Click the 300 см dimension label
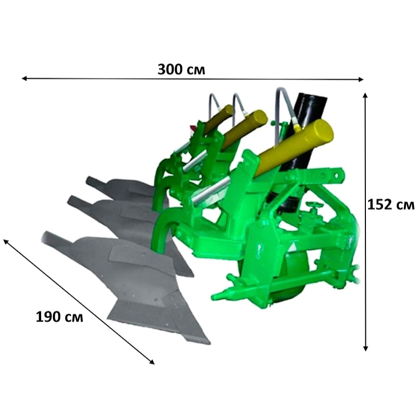tap(181, 70)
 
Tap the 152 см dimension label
tap(390, 205)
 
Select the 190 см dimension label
tap(59, 317)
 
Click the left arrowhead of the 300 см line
tap(24, 78)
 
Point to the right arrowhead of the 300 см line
tap(361, 79)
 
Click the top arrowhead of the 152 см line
tap(365, 95)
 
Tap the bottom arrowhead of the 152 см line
tap(365, 349)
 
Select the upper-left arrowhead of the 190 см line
tap(6, 241)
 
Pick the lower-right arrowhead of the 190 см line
tap(152, 362)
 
